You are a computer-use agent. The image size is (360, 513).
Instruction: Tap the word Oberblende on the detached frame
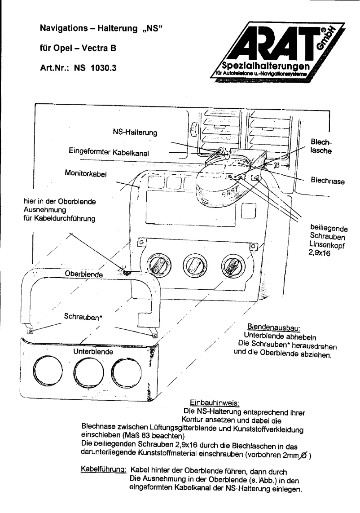[85, 274]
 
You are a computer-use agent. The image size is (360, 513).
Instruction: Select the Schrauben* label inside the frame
[84, 317]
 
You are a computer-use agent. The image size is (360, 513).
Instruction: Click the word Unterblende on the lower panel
[93, 352]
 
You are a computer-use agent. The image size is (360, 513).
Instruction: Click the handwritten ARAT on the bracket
[230, 193]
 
